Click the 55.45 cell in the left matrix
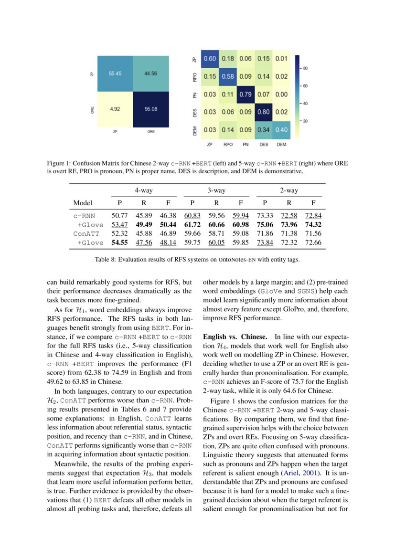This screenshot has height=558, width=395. [115, 74]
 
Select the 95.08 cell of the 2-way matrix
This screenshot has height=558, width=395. [151, 109]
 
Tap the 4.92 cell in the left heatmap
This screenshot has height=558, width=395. [115, 109]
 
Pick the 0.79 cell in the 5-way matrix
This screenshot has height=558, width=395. [246, 94]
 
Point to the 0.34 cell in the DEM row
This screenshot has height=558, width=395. [264, 129]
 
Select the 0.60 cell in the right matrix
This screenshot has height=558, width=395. [209, 58]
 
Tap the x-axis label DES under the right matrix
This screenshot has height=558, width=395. [264, 144]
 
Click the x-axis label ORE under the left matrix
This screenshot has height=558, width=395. [151, 132]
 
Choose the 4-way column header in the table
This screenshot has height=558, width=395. [143, 190]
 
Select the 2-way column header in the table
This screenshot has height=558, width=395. [289, 190]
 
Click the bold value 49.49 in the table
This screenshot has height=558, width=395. [143, 225]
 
